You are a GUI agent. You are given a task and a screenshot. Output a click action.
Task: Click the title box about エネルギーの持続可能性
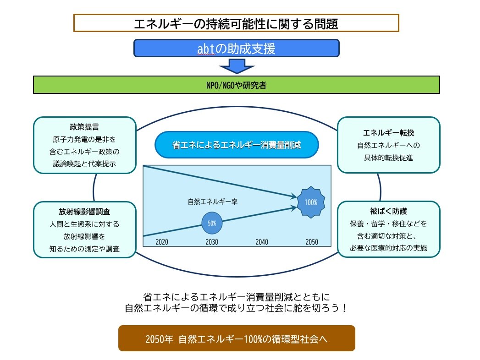[236, 23]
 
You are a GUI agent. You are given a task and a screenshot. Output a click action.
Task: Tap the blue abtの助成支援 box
[236, 48]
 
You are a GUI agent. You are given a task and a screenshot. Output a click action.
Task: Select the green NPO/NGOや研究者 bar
[236, 85]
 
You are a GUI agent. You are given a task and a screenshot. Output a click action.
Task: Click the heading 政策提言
[85, 127]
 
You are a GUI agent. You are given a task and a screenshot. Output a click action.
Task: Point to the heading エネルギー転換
[388, 133]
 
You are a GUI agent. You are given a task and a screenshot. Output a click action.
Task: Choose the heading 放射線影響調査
[85, 212]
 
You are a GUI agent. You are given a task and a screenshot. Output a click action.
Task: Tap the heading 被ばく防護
[388, 212]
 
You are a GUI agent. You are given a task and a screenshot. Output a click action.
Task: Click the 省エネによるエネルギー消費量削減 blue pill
[237, 145]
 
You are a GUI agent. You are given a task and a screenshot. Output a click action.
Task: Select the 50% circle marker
[212, 223]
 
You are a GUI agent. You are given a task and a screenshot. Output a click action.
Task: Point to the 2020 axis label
[162, 242]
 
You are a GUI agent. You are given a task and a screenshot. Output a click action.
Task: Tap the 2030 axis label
[212, 242]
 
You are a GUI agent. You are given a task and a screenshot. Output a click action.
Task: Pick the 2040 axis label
[262, 242]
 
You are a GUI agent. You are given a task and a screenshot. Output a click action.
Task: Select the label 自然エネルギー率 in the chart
[212, 201]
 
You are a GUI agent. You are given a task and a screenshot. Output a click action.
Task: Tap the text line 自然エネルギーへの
[388, 146]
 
